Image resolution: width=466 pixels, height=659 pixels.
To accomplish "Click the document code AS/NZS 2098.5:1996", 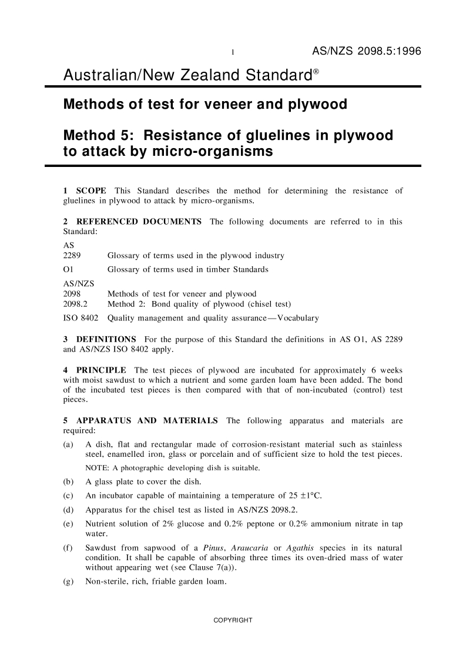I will (366, 52).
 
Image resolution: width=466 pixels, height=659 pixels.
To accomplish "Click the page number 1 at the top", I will (233, 53).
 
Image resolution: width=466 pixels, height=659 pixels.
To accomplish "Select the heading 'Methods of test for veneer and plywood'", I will (205, 105).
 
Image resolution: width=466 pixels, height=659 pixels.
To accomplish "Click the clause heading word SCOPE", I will (91, 191).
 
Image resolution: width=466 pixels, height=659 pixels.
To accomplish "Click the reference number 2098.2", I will (75, 304).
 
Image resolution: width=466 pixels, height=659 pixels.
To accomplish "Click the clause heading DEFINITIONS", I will (106, 340).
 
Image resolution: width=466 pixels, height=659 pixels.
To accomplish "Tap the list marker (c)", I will (68, 494).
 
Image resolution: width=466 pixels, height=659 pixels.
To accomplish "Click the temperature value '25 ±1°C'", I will (300, 494).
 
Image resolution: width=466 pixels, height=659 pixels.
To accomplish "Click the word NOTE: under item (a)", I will (98, 469).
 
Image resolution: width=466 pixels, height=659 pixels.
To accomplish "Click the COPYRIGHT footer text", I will (233, 620).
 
